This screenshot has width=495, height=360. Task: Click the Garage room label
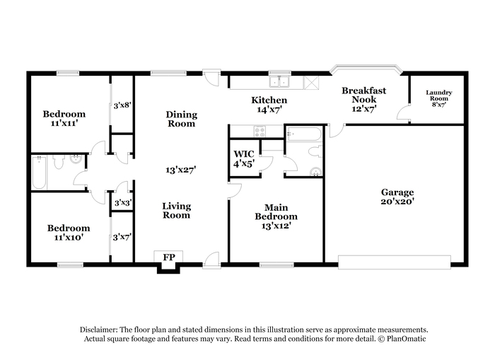coord(397,192)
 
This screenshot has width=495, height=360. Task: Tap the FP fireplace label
coord(169,257)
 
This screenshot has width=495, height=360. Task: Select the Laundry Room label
coord(439,95)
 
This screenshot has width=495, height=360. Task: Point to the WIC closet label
coord(244,154)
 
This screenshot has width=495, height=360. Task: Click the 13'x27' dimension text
coord(181,170)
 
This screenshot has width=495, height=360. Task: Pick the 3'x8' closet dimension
coord(122,105)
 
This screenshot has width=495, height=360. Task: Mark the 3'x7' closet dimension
coord(122,237)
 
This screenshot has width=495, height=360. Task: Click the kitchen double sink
coord(280,82)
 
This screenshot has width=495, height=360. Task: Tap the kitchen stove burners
coord(260,132)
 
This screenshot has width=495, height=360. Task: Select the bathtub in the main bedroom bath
coord(304,134)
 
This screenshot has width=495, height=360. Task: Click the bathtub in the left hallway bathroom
coord(39,173)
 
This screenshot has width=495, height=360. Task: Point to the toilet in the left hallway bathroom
coord(59,162)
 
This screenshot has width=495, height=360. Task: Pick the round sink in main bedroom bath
coord(315,172)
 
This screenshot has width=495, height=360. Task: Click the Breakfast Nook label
coord(364,95)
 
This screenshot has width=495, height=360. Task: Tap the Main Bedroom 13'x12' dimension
coord(276,226)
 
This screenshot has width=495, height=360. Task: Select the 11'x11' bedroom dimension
coord(64,123)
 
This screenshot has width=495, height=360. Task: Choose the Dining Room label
coord(182,119)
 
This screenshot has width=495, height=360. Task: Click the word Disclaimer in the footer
coord(99,330)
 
